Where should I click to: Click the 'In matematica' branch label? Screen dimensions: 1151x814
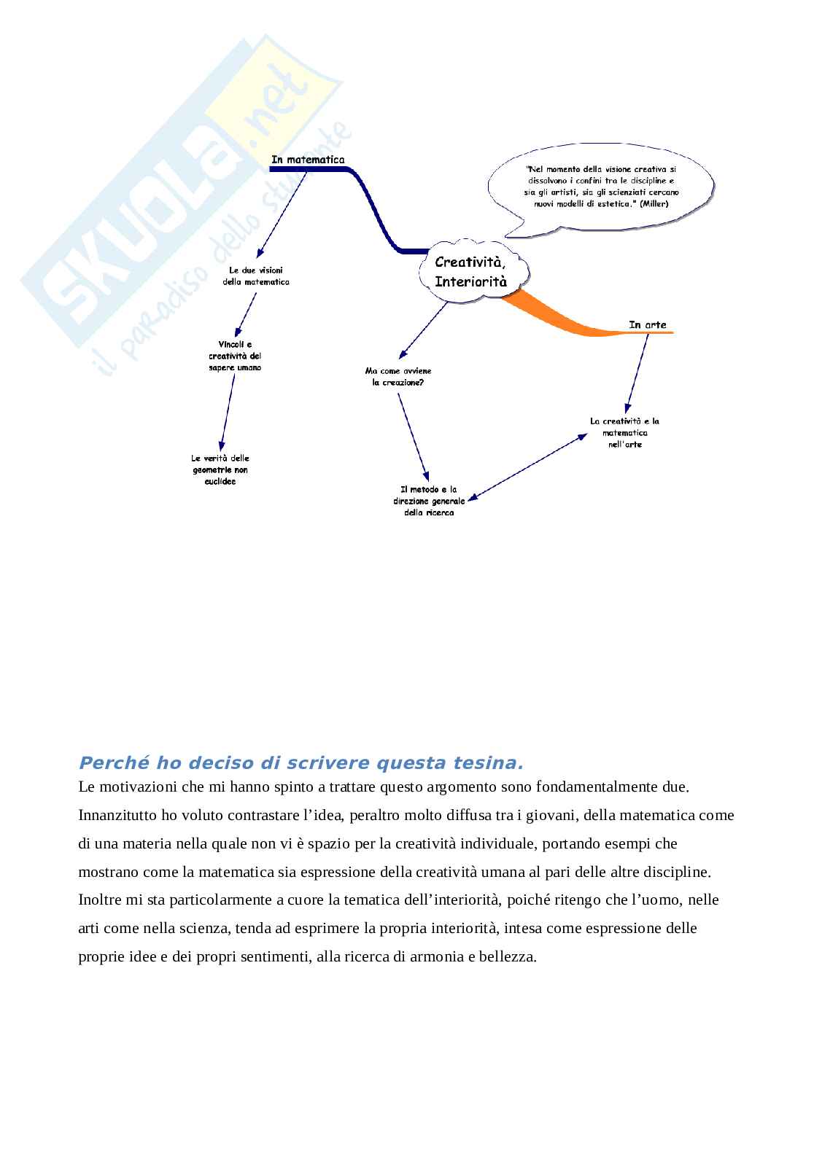point(308,160)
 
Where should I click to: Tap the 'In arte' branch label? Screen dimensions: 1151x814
point(647,324)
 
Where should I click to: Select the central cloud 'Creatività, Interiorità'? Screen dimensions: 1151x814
point(470,271)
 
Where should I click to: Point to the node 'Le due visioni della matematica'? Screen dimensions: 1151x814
point(256,276)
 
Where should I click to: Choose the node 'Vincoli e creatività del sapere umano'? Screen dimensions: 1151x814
point(234,356)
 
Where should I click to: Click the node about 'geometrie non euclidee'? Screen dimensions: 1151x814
point(220,469)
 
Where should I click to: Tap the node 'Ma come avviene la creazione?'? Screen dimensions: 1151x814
point(398,376)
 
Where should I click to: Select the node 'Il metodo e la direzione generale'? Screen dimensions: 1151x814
point(428,501)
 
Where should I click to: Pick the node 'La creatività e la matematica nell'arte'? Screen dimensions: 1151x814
point(624,432)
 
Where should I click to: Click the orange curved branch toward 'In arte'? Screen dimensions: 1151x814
point(562,316)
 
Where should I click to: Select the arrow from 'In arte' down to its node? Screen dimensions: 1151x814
point(637,371)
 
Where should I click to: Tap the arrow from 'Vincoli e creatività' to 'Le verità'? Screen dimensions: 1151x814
point(227,411)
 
